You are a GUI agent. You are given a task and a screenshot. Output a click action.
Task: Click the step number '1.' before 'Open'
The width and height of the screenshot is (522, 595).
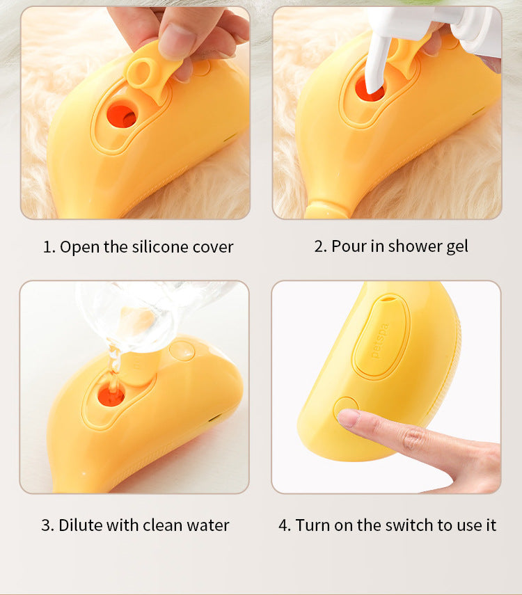click(x=49, y=246)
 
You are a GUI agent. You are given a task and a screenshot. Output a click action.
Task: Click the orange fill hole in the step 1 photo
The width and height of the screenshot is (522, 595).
click(x=122, y=115)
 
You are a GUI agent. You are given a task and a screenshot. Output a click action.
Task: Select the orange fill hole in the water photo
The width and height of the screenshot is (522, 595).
click(x=111, y=395)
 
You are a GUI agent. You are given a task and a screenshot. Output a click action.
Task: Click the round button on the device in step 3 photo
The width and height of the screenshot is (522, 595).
click(x=182, y=350)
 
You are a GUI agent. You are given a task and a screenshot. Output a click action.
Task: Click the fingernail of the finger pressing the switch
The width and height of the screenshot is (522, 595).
click(x=348, y=417)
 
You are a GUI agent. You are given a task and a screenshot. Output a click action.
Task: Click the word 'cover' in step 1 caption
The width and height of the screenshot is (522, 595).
click(x=213, y=246)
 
